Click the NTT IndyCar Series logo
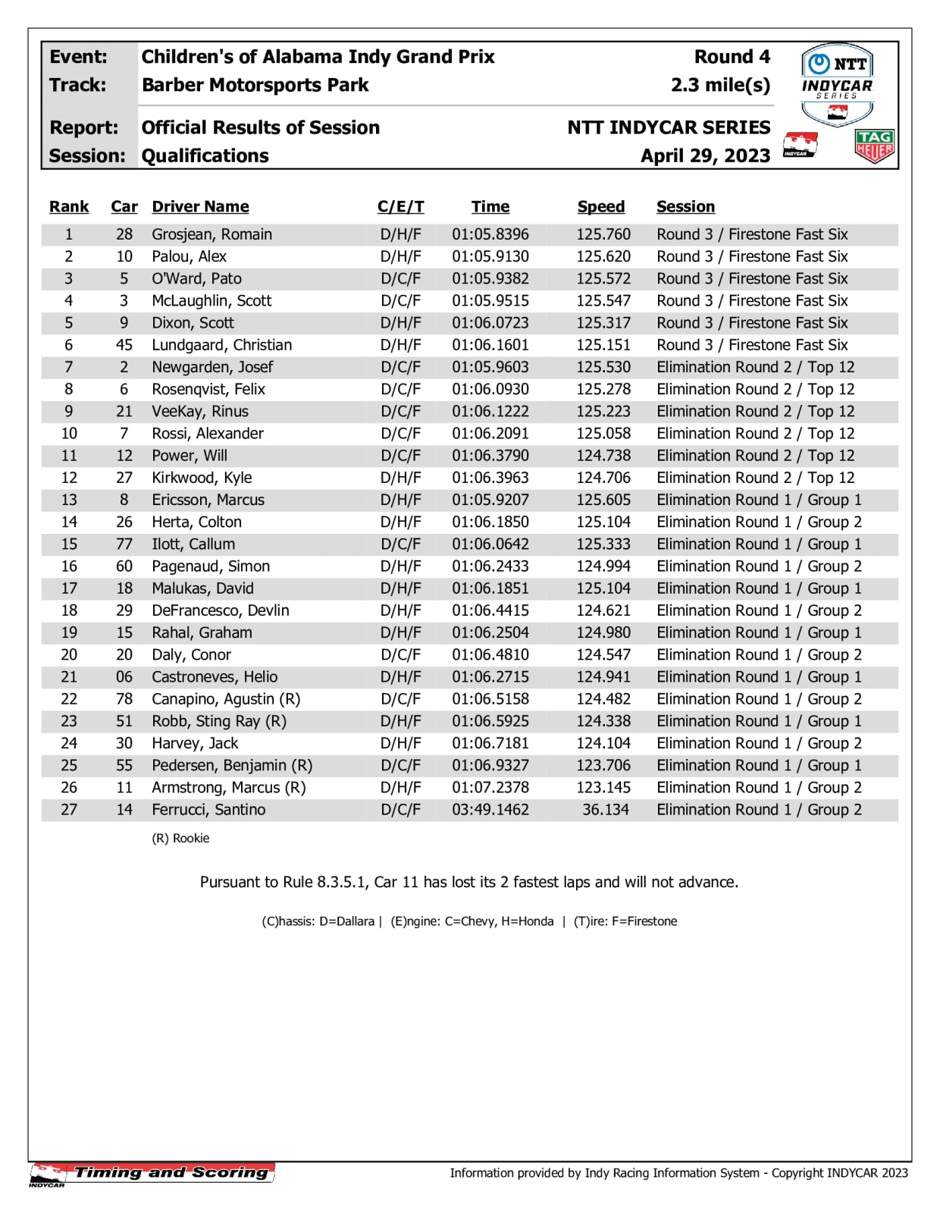(x=837, y=83)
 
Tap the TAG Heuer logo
(x=874, y=146)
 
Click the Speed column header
(x=601, y=207)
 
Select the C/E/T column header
(x=400, y=207)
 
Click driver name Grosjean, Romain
(x=211, y=234)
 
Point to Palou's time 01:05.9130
(x=490, y=256)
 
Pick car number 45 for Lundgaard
(x=124, y=345)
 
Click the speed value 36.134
(x=605, y=810)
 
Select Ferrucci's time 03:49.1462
(x=490, y=810)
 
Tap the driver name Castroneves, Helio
(x=215, y=677)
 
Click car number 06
(x=124, y=677)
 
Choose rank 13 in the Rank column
(x=69, y=500)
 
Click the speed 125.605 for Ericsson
(x=603, y=500)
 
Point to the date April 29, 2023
(x=705, y=155)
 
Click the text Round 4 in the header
(x=732, y=57)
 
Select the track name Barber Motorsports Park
(x=255, y=85)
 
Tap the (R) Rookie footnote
(x=180, y=838)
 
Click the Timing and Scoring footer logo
(x=152, y=1173)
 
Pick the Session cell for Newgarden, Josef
(x=755, y=367)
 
